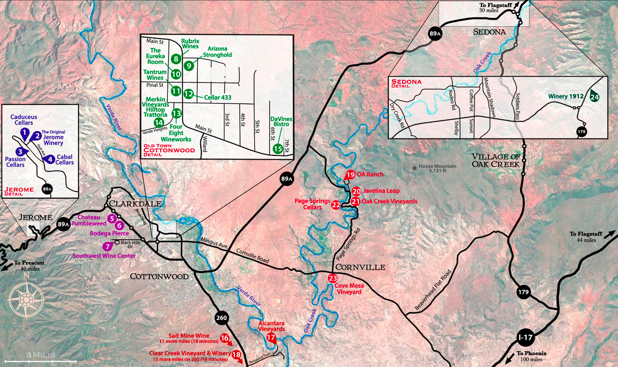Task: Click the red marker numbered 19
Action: (x=350, y=174)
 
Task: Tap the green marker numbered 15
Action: (x=278, y=149)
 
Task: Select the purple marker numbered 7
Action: (x=107, y=246)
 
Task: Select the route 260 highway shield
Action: (x=221, y=318)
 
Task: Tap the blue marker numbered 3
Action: (x=20, y=151)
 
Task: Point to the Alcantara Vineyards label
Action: (x=271, y=326)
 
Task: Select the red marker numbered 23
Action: (x=333, y=278)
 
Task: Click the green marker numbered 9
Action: (x=189, y=65)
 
